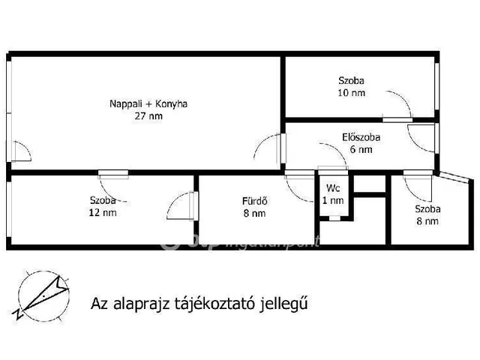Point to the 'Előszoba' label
(361, 137)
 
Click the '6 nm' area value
(361, 149)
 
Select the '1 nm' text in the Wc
(333, 200)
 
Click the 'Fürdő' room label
(255, 201)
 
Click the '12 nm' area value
(103, 212)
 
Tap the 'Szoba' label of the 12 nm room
(103, 200)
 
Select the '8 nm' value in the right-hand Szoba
(427, 221)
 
